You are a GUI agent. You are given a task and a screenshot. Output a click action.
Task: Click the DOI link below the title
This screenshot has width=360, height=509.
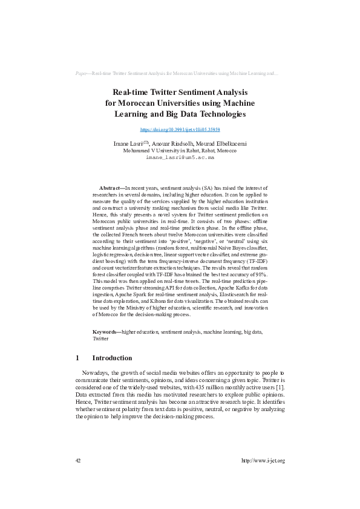point(180,130)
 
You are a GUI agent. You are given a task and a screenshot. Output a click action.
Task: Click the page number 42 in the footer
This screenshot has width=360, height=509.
point(78,461)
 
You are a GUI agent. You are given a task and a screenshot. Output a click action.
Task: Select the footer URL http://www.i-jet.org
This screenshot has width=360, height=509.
point(263,461)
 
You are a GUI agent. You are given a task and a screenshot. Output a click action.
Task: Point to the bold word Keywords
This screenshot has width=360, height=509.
point(105,332)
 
